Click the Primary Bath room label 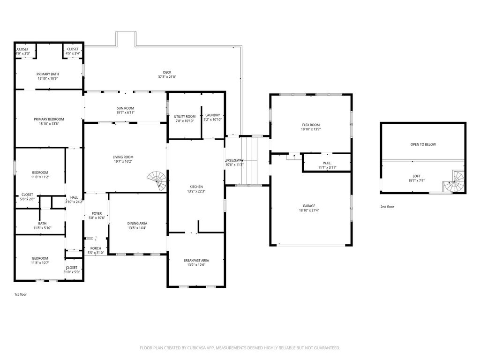point(48,74)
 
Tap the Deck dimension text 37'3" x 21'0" point(167,77)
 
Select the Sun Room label point(125,108)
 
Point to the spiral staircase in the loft point(454,182)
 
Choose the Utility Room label point(185,116)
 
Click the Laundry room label point(213,115)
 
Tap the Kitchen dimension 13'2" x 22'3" point(196,191)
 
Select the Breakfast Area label point(196,261)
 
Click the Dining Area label point(137,224)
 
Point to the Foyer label point(97,213)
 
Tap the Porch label point(96,248)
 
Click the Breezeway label point(234,160)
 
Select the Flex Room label point(311,125)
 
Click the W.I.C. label point(327,163)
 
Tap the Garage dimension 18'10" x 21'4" point(309,210)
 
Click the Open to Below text point(423,144)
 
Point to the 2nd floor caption point(387,207)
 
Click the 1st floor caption point(21,294)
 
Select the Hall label point(74,197)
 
